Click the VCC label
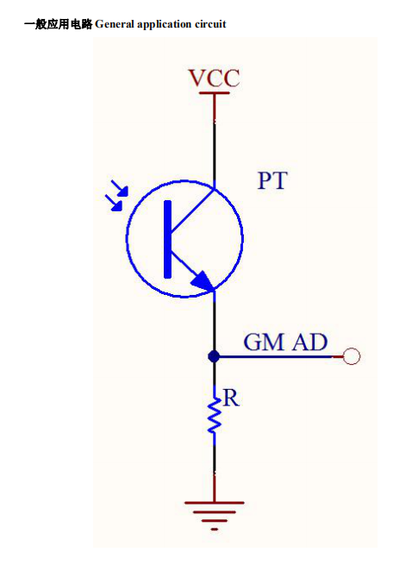point(214,78)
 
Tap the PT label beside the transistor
point(272,180)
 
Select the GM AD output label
point(285,342)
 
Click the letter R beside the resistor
point(231,398)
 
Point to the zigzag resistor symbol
point(215,415)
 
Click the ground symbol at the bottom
point(215,515)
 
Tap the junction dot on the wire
point(214,356)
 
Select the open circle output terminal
point(351,356)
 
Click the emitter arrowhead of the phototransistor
point(203,281)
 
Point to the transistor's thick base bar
point(168,239)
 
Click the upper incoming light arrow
point(120,188)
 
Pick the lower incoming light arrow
point(114,203)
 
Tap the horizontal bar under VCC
point(214,93)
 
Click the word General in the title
point(115,24)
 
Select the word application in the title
point(165,25)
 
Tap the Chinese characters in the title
point(58,24)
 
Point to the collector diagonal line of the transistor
point(192,210)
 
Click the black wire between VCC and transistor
point(215,153)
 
